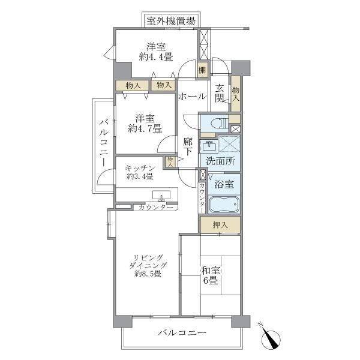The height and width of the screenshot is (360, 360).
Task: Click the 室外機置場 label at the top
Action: point(171,20)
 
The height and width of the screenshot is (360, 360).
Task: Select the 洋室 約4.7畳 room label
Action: point(143,124)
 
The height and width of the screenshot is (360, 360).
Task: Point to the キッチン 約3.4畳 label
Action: point(142,172)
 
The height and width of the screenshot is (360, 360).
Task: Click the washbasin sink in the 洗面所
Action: point(209,146)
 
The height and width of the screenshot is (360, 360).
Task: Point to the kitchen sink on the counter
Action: point(161,196)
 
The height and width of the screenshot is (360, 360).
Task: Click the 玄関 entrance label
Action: point(220,92)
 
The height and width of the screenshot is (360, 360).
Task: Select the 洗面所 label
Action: point(219,161)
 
